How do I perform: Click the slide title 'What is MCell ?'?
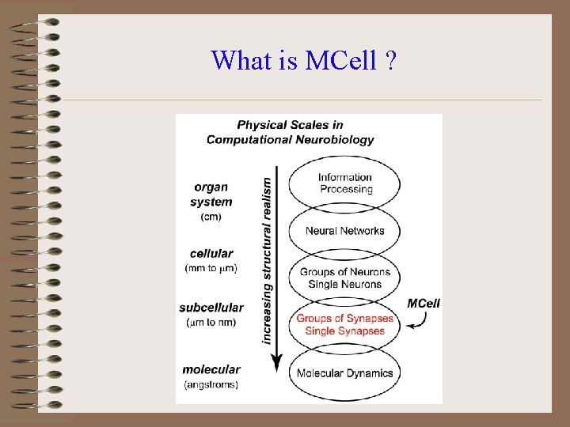click(304, 60)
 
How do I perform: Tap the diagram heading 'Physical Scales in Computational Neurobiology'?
click(290, 132)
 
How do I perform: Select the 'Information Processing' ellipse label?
click(345, 183)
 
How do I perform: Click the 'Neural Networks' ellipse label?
click(345, 231)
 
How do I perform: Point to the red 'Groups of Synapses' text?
click(344, 319)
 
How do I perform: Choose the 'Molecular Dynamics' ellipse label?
click(345, 373)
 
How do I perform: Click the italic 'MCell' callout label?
click(424, 303)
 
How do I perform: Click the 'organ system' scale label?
click(211, 195)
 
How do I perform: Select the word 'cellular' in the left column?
click(211, 254)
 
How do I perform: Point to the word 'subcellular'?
click(211, 308)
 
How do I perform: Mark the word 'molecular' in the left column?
click(211, 369)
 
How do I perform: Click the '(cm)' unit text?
click(211, 217)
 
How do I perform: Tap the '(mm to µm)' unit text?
click(211, 268)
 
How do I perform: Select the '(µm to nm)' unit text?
click(211, 323)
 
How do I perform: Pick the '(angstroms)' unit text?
click(211, 384)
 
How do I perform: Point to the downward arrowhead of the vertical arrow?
click(277, 365)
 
